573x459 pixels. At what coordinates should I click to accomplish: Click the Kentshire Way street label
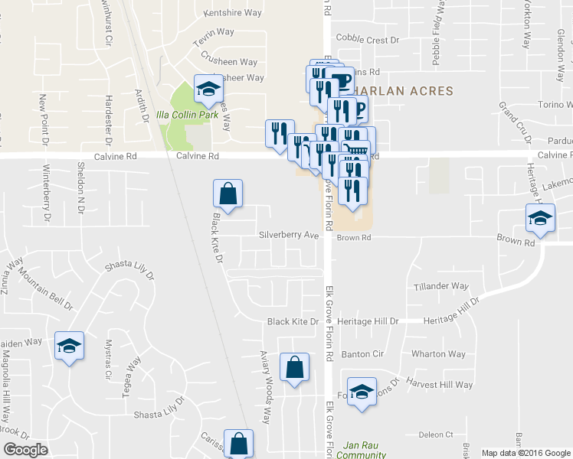234,13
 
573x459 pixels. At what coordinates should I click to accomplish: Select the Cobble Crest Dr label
368,39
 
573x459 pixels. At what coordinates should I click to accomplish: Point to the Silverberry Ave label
288,235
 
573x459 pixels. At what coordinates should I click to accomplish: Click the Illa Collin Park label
187,115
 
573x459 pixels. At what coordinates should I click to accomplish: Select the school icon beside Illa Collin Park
206,90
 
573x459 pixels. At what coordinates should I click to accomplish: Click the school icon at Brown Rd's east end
540,218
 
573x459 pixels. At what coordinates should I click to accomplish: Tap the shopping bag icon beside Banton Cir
294,368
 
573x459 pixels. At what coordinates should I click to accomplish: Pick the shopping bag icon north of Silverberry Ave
228,194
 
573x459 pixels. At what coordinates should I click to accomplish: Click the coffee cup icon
342,79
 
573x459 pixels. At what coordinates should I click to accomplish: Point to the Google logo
25,450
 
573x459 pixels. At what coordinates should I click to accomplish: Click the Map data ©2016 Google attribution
526,452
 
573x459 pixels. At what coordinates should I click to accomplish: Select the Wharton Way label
438,354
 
